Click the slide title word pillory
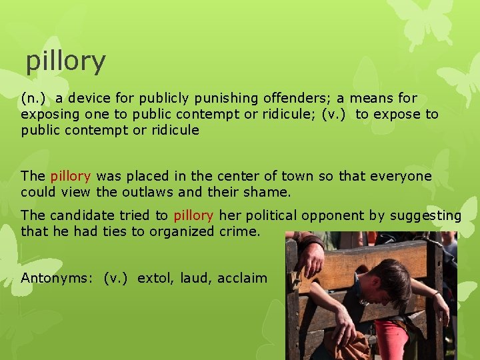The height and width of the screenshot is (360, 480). coord(65,61)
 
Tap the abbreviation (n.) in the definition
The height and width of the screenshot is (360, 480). coord(33,98)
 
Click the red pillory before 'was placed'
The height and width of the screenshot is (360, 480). coord(70,177)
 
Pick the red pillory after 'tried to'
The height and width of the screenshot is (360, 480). coord(193,215)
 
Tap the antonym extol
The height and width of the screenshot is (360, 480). coord(153,278)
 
